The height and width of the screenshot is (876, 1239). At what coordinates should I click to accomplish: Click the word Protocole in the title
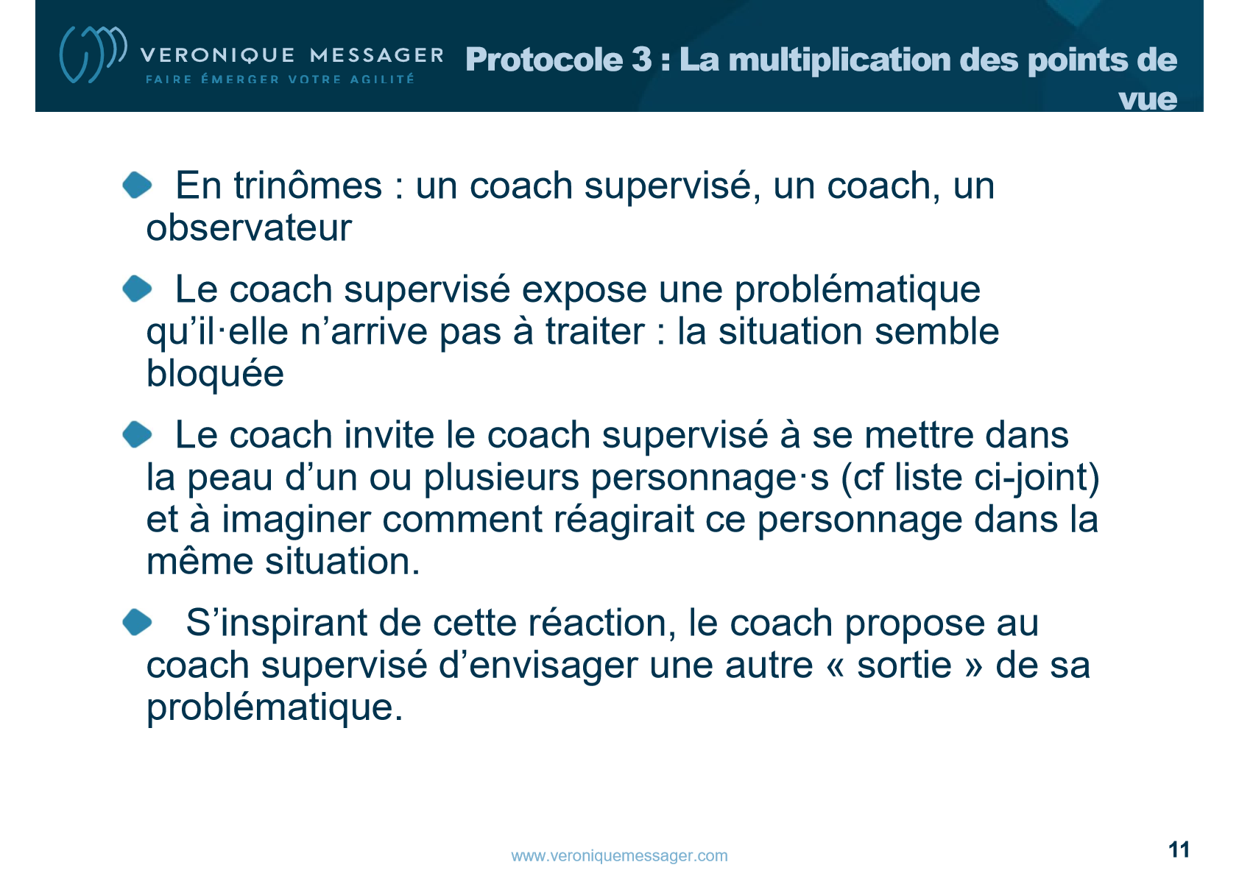pyautogui.click(x=544, y=60)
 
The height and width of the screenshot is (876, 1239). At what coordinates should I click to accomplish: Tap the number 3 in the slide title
pyautogui.click(x=642, y=59)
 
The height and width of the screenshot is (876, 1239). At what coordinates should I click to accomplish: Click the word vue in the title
pyautogui.click(x=1147, y=99)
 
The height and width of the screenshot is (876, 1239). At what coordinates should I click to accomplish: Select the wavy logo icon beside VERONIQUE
pyautogui.click(x=93, y=54)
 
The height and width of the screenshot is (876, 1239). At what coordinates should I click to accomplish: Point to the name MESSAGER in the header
pyautogui.click(x=377, y=55)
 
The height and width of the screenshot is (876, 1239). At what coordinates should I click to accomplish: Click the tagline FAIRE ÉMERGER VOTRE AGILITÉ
pyautogui.click(x=280, y=80)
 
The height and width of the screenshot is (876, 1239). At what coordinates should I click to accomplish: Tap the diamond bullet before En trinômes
pyautogui.click(x=137, y=185)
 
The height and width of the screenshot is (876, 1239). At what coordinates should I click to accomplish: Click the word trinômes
pyautogui.click(x=308, y=185)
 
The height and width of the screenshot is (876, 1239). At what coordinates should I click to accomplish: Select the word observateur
pyautogui.click(x=249, y=228)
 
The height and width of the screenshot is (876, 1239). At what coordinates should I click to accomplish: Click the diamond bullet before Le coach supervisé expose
pyautogui.click(x=137, y=289)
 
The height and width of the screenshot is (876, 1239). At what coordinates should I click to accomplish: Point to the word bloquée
pyautogui.click(x=215, y=375)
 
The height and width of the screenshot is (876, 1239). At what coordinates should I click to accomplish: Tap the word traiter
pyautogui.click(x=595, y=331)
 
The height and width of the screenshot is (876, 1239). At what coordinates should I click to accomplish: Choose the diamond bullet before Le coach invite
pyautogui.click(x=137, y=434)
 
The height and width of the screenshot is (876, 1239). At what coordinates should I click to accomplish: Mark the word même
pyautogui.click(x=199, y=562)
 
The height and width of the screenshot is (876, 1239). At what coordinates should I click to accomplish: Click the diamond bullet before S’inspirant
pyautogui.click(x=137, y=622)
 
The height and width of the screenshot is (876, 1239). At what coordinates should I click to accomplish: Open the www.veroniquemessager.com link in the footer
pyautogui.click(x=620, y=855)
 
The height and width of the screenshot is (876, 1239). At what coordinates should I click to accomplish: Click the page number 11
pyautogui.click(x=1179, y=849)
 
